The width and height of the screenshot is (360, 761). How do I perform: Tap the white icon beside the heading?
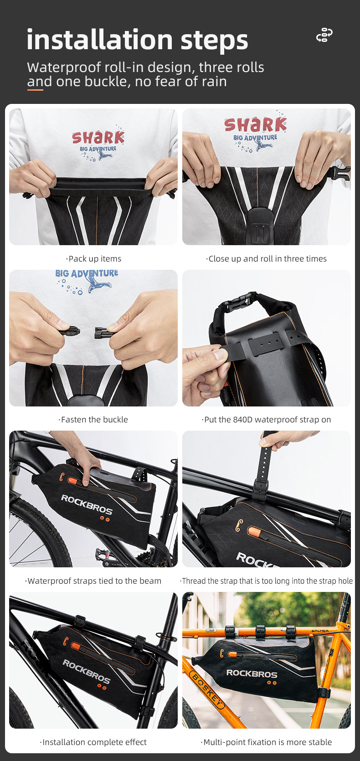click(324, 35)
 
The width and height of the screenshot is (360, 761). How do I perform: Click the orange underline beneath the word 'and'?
click(35, 90)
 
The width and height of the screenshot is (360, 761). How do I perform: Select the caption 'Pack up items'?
click(94, 259)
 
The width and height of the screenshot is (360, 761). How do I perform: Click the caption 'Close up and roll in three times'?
click(267, 259)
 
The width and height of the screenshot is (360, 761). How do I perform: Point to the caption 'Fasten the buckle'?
click(94, 420)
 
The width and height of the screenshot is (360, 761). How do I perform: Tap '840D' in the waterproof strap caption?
click(242, 420)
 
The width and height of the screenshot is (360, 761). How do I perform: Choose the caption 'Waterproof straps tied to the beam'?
click(94, 581)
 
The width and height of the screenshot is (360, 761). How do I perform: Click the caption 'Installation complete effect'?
click(94, 742)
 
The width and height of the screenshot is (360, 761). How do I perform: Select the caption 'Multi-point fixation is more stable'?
click(267, 742)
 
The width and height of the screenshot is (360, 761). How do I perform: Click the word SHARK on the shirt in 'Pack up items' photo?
click(98, 137)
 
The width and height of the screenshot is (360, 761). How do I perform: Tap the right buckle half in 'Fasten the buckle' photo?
click(103, 333)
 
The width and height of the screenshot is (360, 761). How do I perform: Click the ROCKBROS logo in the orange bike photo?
click(252, 673)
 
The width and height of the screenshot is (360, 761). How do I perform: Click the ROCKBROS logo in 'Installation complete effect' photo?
click(87, 671)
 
